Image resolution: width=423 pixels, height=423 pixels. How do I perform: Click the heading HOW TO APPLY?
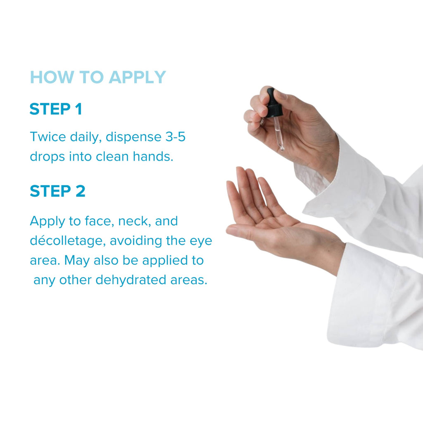tap(97, 77)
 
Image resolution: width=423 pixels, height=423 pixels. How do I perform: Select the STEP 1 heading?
tap(56, 109)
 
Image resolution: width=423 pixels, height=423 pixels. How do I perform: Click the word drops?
tap(48, 157)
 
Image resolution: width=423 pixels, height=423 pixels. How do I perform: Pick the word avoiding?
tap(136, 241)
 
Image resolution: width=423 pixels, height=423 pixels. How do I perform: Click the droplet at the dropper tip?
tap(282, 148)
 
